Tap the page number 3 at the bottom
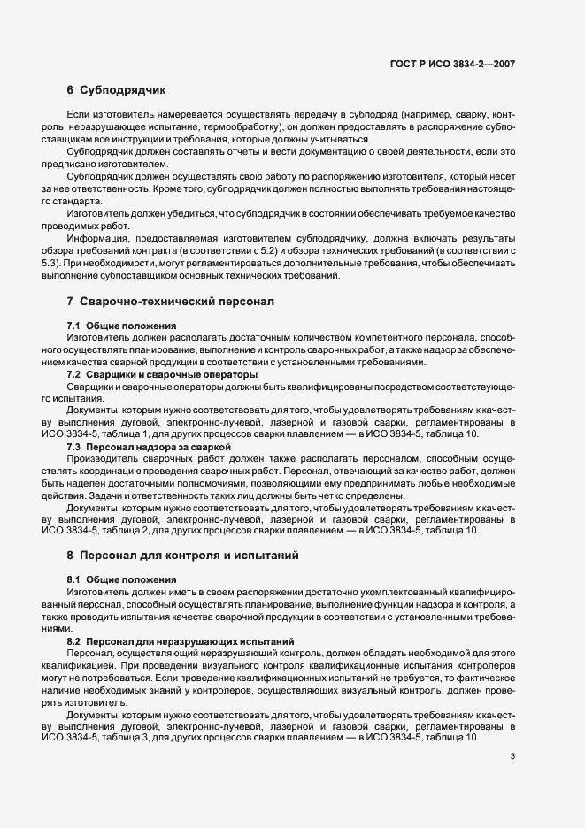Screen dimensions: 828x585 (x=513, y=757)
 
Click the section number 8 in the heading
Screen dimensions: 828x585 (x=69, y=556)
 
